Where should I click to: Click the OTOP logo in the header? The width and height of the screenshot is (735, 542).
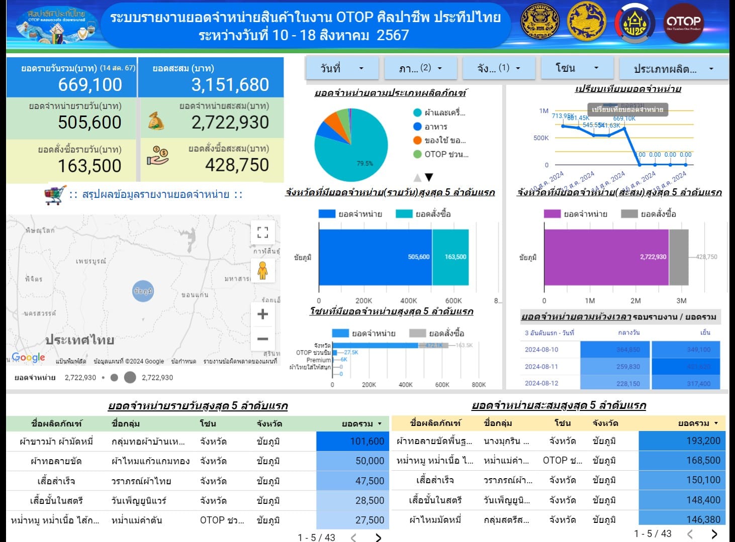683,23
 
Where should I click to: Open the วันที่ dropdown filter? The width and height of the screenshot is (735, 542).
342,68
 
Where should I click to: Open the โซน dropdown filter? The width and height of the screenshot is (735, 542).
577,68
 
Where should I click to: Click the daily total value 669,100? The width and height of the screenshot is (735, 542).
90,84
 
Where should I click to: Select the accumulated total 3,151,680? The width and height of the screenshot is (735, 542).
230,84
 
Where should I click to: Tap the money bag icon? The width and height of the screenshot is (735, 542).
156,121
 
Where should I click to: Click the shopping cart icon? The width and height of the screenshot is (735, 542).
55,195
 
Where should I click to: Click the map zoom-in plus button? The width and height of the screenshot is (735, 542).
262,314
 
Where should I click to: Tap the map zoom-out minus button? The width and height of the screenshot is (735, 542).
262,339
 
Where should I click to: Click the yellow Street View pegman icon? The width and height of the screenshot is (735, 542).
262,271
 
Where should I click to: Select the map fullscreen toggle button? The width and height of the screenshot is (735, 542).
262,232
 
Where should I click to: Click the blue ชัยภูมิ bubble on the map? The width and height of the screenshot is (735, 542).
143,291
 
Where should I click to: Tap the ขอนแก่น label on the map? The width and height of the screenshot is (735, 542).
195,295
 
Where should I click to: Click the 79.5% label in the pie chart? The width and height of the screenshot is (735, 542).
364,163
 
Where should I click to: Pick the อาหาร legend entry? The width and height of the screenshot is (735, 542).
435,127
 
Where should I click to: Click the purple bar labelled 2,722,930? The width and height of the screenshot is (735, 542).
606,257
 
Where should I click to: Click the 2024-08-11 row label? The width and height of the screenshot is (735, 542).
541,367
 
